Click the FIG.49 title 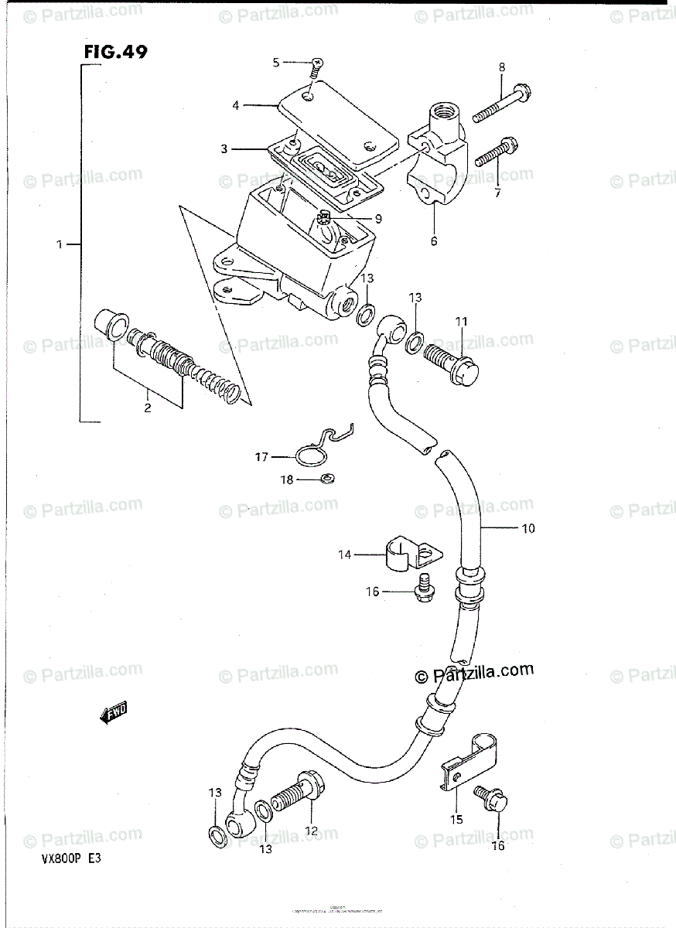coord(115,52)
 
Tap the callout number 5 coord(276,63)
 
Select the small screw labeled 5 coord(316,67)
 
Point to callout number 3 coord(224,149)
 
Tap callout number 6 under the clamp coord(434,241)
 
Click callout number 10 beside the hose coord(529,529)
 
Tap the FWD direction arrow coord(114,714)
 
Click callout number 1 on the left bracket coord(59,244)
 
